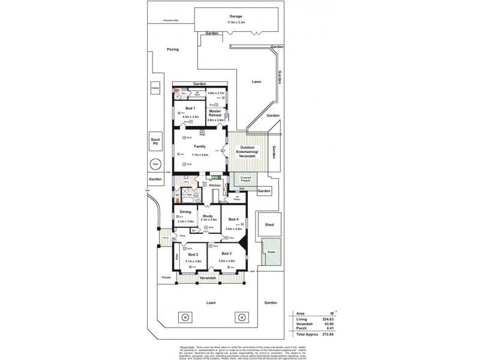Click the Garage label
pos(235,16)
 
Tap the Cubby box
pos(155,88)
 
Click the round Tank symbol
pos(155,163)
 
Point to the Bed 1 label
pos(190,108)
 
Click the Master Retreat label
pos(215,113)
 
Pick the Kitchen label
pos(215,185)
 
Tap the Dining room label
pos(185,212)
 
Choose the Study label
pos(208,216)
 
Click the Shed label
pos(269,224)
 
